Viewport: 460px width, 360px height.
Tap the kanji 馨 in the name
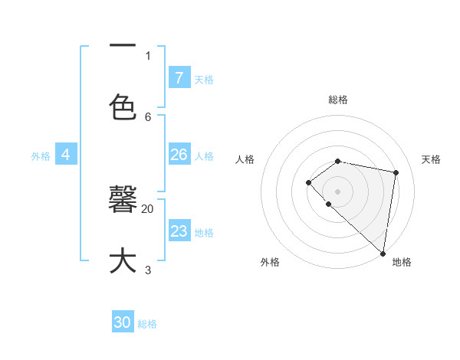(x=123, y=201)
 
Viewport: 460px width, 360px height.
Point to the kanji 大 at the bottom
(x=123, y=260)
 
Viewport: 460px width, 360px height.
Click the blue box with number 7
(x=179, y=77)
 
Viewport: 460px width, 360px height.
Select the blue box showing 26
(x=179, y=155)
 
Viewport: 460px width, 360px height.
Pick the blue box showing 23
(x=179, y=231)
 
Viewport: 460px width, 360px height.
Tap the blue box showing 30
(x=123, y=322)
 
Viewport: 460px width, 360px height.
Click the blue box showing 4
(x=66, y=155)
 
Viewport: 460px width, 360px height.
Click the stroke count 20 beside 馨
(x=148, y=208)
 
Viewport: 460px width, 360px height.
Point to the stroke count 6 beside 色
(x=148, y=116)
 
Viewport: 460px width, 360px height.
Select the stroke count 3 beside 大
(x=148, y=270)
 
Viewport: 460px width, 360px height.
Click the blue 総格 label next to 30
(x=148, y=324)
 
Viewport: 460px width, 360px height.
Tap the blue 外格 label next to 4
(x=41, y=155)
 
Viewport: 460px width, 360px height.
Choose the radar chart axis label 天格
(x=431, y=159)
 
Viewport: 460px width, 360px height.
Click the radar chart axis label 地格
(x=402, y=262)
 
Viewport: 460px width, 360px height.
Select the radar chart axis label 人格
(x=245, y=159)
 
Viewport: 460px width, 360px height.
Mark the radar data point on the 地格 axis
(x=383, y=253)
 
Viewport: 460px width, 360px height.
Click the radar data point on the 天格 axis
(x=396, y=172)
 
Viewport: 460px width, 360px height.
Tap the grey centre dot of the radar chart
(x=337, y=191)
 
